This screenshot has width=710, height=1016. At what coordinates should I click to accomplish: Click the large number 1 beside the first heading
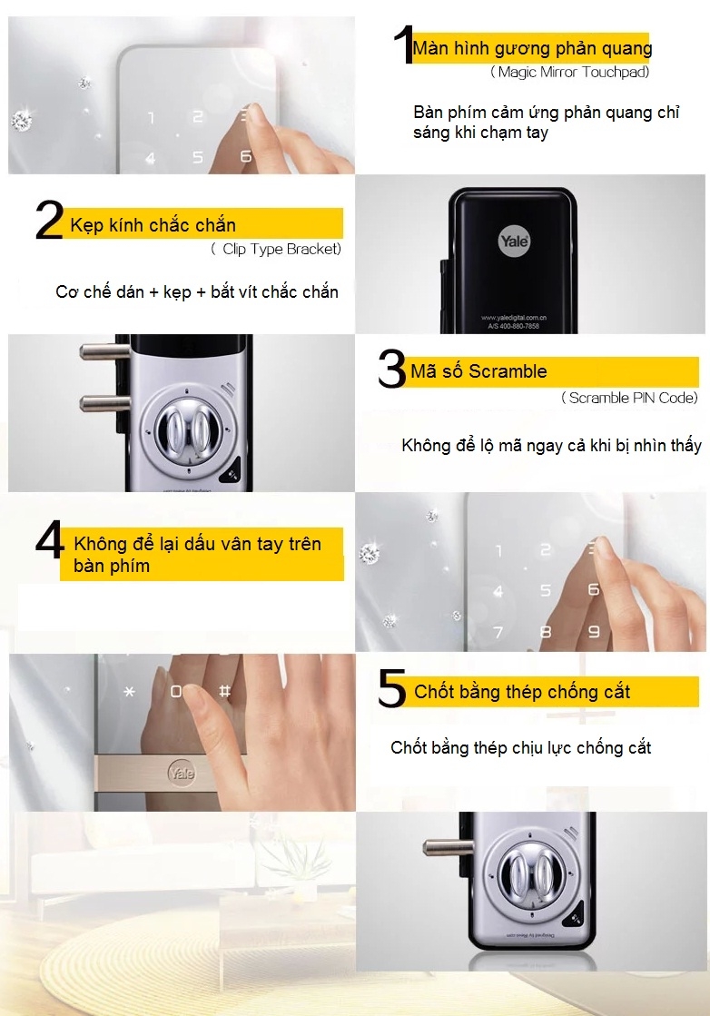(x=403, y=45)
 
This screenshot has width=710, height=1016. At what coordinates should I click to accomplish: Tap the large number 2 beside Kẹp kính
(x=49, y=222)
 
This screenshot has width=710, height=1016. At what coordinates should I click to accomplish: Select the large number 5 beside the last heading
(x=391, y=691)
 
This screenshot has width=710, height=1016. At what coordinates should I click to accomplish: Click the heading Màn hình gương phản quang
(x=532, y=48)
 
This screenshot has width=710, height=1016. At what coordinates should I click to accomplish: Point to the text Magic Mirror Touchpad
(x=569, y=72)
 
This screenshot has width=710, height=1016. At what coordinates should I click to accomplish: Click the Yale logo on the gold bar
(x=181, y=773)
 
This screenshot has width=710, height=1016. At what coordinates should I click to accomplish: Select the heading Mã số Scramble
(x=478, y=371)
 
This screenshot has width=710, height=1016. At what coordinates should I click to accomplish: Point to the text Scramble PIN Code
(x=629, y=398)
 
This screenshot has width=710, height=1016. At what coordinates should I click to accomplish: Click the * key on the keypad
(x=129, y=692)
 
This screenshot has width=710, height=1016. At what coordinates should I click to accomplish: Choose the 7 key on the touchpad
(x=498, y=631)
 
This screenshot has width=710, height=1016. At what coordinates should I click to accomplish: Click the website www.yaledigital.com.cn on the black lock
(x=513, y=318)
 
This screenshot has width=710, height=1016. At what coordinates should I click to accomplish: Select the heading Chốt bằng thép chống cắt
(x=522, y=692)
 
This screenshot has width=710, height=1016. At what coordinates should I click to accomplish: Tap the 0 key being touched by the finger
(x=177, y=692)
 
